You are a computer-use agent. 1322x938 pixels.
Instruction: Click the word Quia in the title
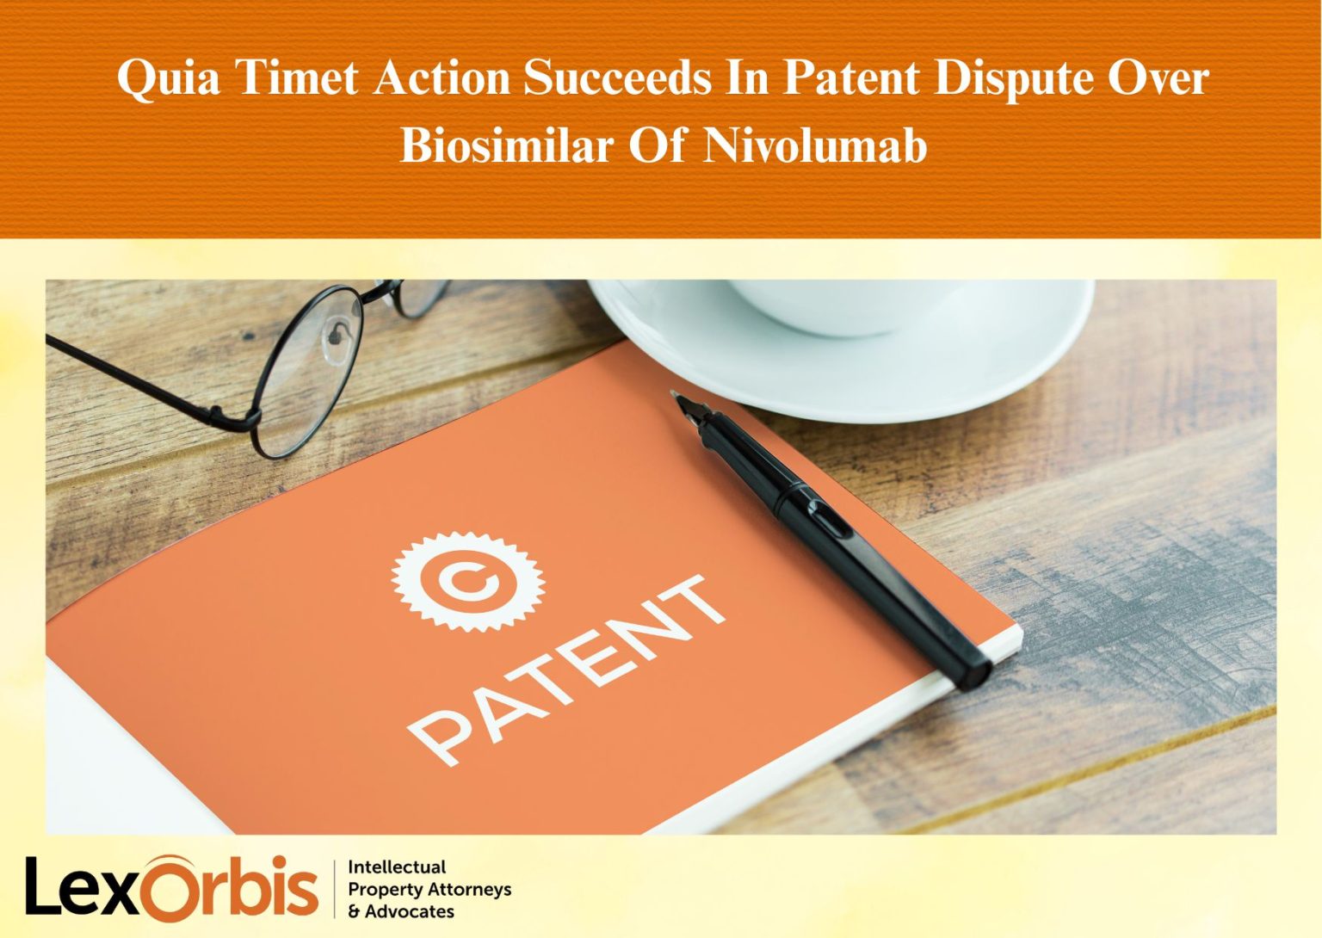click(168, 78)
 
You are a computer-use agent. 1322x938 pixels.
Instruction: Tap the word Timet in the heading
click(296, 78)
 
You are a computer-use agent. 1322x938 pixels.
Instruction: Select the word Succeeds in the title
click(617, 78)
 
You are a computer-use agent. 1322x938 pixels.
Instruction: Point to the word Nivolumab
click(815, 144)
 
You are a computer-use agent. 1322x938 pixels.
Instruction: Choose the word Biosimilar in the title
click(506, 144)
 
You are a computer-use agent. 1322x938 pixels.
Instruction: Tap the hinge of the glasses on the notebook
click(250, 419)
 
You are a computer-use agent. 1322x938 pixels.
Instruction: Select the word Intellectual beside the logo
click(397, 867)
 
